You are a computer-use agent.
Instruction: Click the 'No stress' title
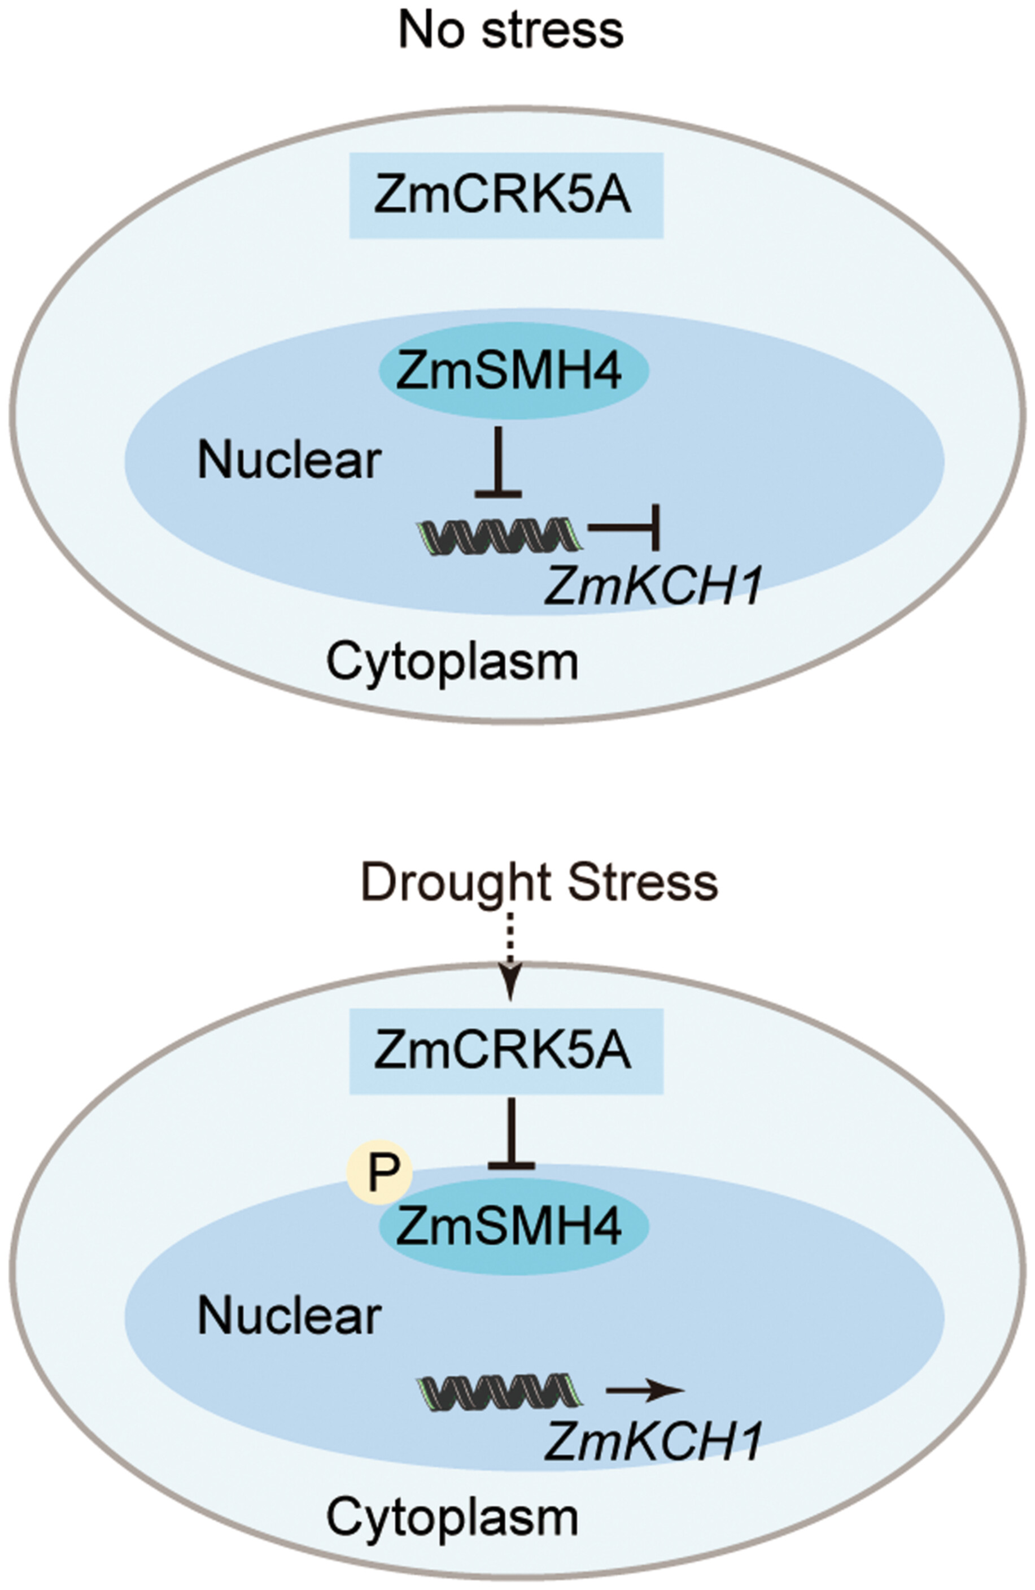pyautogui.click(x=511, y=31)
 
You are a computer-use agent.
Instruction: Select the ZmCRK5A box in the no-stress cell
pyautogui.click(x=505, y=195)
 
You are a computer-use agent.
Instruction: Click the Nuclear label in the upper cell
pyautogui.click(x=289, y=461)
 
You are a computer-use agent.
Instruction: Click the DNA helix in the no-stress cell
pyautogui.click(x=500, y=535)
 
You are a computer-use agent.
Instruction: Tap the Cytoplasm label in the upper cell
pyautogui.click(x=452, y=662)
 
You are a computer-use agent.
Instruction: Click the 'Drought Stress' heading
pyautogui.click(x=539, y=882)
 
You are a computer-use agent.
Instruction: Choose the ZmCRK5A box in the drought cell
pyautogui.click(x=505, y=1051)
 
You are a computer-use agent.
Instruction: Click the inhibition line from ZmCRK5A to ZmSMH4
pyautogui.click(x=512, y=1132)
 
